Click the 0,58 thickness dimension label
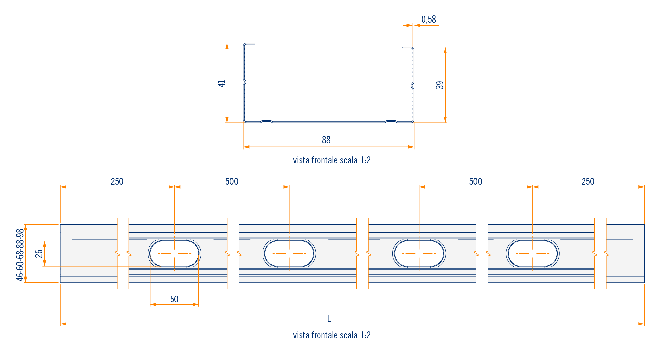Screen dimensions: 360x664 click(428, 20)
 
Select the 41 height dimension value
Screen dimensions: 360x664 click(222, 84)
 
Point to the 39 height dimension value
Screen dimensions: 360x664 click(440, 85)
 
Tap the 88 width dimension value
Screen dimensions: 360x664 click(326, 140)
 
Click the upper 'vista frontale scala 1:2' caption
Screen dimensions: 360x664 click(332, 160)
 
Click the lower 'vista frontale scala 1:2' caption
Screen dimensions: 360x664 click(332, 335)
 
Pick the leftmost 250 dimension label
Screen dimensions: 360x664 click(117, 182)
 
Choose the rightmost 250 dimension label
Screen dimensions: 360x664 click(588, 182)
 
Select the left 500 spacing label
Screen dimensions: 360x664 click(232, 182)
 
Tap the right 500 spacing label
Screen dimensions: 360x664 click(475, 182)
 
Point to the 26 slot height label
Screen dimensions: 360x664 click(39, 253)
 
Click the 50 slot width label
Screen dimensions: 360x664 click(174, 299)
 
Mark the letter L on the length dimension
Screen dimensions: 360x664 click(329, 319)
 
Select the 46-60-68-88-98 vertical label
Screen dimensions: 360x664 click(20, 255)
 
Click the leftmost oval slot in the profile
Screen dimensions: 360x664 click(174, 253)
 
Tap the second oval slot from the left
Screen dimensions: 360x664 click(289, 253)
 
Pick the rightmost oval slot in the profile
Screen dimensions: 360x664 click(533, 253)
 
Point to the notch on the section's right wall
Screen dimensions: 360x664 click(412, 86)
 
